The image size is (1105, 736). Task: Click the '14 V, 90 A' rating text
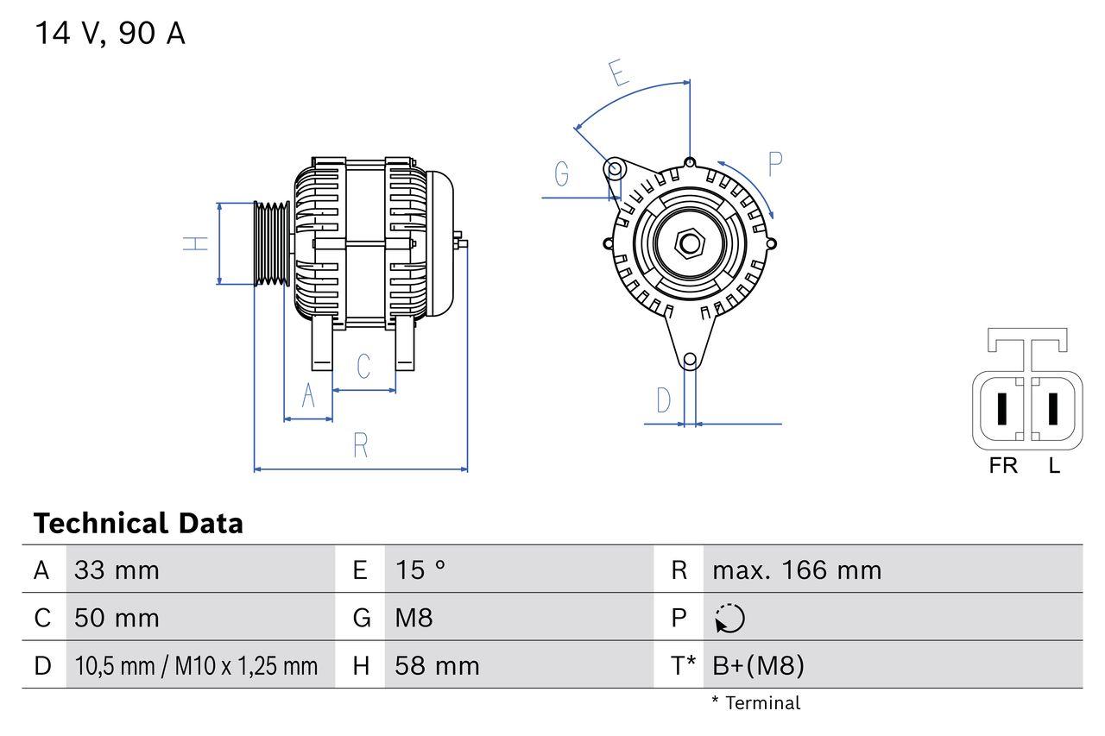pos(110,34)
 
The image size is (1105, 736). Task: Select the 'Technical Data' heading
pos(138,523)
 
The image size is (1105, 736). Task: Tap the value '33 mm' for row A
pos(117,569)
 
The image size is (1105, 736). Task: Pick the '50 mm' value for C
pos(117,618)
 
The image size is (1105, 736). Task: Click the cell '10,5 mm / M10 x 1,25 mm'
pos(196,665)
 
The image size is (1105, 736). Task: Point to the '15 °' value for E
pos(420,569)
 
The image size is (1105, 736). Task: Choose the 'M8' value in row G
pos(414,618)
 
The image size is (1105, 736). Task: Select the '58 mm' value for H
pos(437,665)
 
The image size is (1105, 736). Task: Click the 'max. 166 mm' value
pos(797,569)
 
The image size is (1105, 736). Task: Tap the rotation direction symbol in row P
pos(729,618)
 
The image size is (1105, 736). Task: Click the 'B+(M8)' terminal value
pos(758,665)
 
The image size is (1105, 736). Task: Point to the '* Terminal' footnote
pos(755,703)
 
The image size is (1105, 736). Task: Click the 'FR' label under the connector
pos(1003,466)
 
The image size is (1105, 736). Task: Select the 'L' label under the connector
pos(1054,466)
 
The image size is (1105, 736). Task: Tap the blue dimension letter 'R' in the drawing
pos(361,445)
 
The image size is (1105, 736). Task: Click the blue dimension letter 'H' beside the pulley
pos(197,243)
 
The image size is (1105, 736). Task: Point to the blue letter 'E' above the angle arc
pos(617,74)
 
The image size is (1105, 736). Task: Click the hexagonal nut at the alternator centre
pos(689,243)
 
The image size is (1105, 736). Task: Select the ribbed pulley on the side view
pos(272,243)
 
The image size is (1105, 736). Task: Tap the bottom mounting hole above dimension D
pos(689,360)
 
